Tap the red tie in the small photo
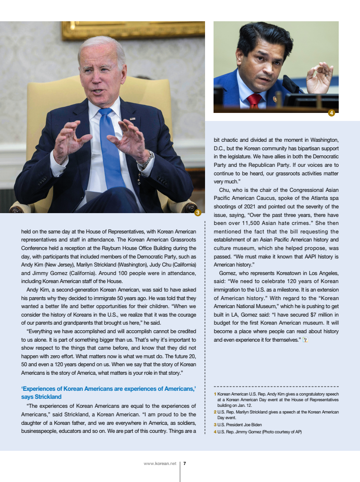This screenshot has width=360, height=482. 254,100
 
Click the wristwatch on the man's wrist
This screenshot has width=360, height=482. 146,160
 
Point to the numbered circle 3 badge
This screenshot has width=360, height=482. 198,213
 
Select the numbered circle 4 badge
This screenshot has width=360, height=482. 332,112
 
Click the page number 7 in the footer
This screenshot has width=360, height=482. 184,464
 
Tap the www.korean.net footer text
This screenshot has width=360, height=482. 160,464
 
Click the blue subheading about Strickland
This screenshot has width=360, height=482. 109,393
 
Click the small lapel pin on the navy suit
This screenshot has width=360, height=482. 132,119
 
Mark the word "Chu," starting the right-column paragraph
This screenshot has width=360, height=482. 225,190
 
